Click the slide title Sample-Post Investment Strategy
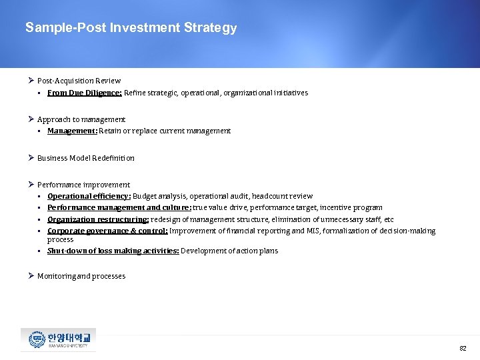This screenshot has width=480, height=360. click(131, 28)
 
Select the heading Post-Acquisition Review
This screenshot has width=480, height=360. click(79, 81)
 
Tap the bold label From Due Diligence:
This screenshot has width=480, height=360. click(84, 93)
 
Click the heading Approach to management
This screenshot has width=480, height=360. click(81, 119)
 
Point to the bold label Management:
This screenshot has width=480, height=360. click(72, 131)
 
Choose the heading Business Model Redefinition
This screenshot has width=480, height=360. click(85, 158)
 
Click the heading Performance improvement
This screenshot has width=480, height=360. click(83, 185)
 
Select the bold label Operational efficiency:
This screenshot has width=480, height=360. click(89, 197)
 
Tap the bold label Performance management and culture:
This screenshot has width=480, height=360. click(119, 208)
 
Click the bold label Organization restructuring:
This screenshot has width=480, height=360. click(98, 219)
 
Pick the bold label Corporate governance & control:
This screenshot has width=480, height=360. click(107, 231)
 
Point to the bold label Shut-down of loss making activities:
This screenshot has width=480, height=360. click(113, 251)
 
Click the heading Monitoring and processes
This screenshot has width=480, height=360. click(81, 276)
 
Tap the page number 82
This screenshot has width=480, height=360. click(463, 349)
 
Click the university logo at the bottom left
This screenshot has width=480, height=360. click(59, 339)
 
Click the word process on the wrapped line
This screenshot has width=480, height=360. click(60, 239)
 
